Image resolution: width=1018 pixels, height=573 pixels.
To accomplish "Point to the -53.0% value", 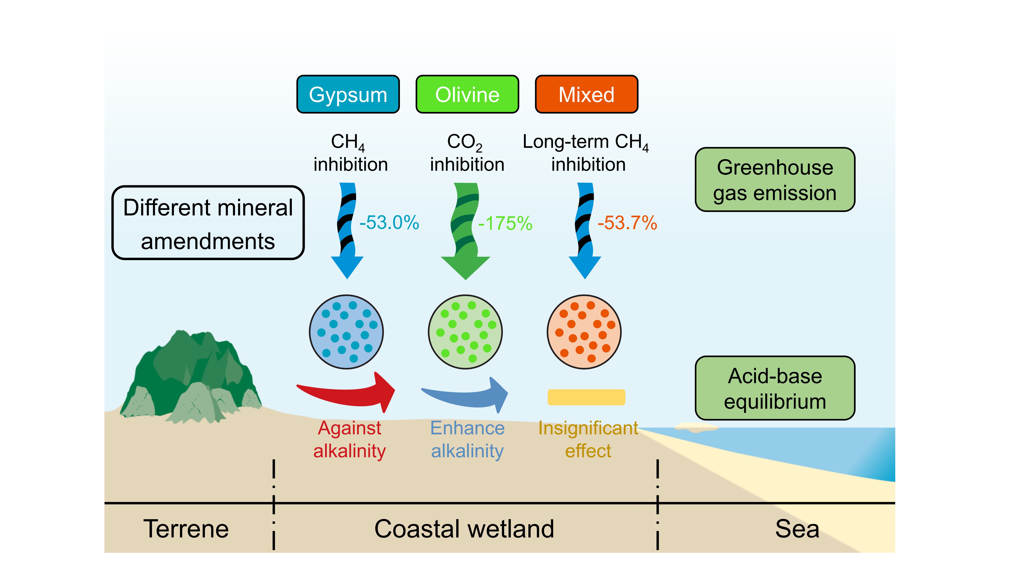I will pyautogui.click(x=389, y=223).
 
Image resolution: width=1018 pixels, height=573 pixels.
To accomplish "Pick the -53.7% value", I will pyautogui.click(x=627, y=223).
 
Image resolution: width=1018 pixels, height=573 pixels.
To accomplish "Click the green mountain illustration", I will pyautogui.click(x=192, y=376).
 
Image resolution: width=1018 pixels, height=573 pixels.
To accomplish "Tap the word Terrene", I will pyautogui.click(x=186, y=529).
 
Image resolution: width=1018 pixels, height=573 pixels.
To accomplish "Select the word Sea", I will pyautogui.click(x=797, y=529).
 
